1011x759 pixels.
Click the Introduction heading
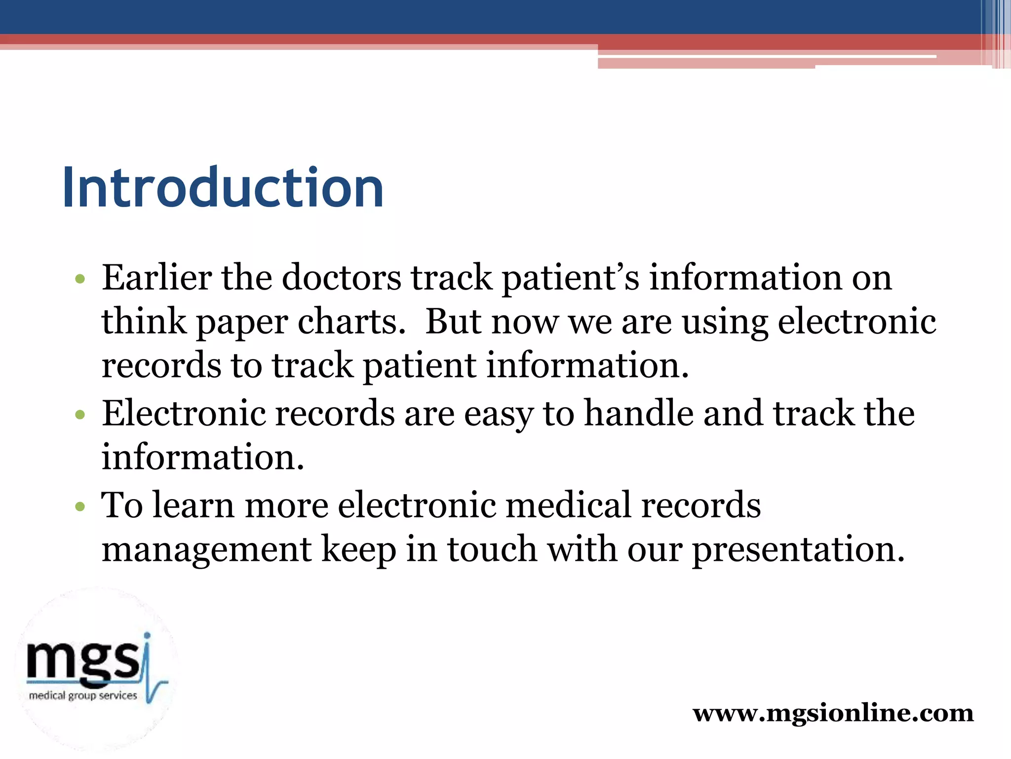(x=223, y=188)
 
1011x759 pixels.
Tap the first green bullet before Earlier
(x=80, y=279)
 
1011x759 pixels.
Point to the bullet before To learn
(x=80, y=506)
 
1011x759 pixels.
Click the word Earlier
(x=156, y=278)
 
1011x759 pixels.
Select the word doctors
(x=342, y=278)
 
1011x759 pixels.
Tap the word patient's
(x=570, y=278)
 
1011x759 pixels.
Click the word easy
(x=499, y=414)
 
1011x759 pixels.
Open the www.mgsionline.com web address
(x=833, y=713)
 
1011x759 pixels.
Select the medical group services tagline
(x=83, y=696)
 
